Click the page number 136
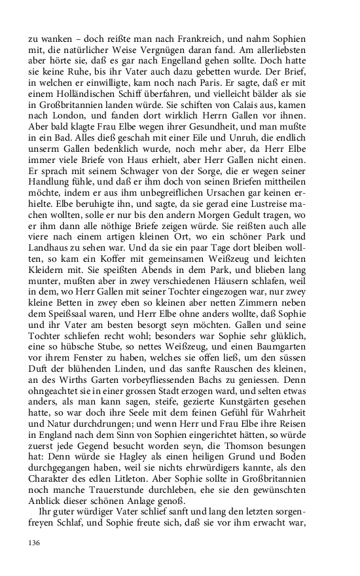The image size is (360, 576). (x=36, y=544)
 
